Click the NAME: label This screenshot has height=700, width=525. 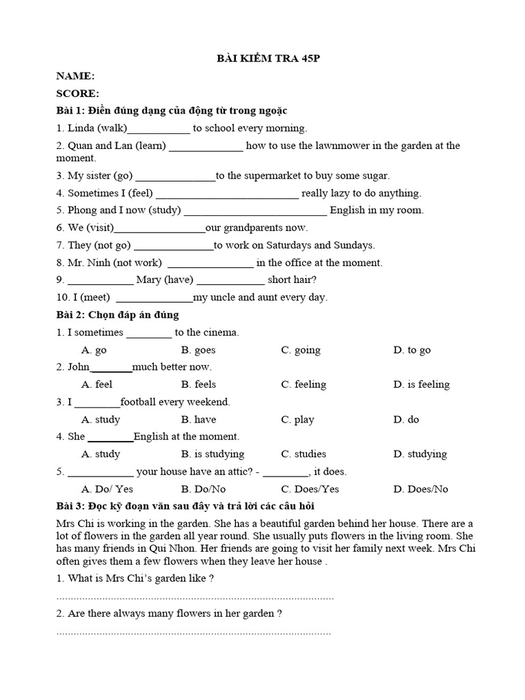point(75,76)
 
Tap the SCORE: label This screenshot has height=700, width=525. point(77,93)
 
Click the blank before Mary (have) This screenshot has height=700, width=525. point(100,280)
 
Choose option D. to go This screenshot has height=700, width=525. point(412,350)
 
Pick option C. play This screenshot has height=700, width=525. point(297,419)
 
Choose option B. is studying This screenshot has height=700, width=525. point(213,454)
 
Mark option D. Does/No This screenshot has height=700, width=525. point(420,489)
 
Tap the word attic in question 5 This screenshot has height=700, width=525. point(245,471)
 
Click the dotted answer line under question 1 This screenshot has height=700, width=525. point(195,597)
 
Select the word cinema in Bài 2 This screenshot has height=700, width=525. point(222,332)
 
